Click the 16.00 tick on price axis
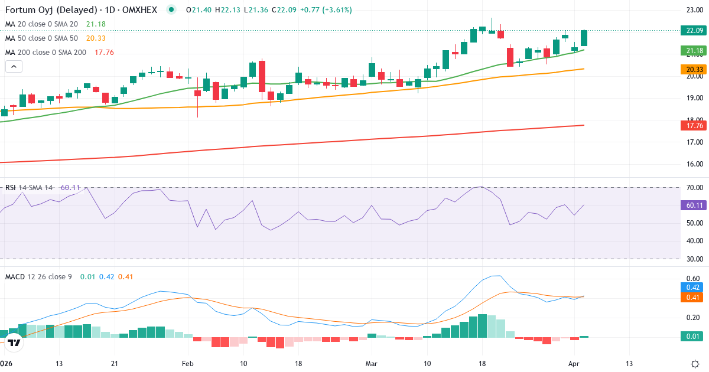pos(694,164)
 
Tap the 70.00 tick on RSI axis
pos(694,188)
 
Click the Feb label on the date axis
pos(187,363)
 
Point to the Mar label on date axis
pos(371,363)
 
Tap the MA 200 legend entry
pos(45,52)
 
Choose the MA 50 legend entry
pos(41,38)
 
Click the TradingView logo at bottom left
pos(15,342)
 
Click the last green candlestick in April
pos(584,38)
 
